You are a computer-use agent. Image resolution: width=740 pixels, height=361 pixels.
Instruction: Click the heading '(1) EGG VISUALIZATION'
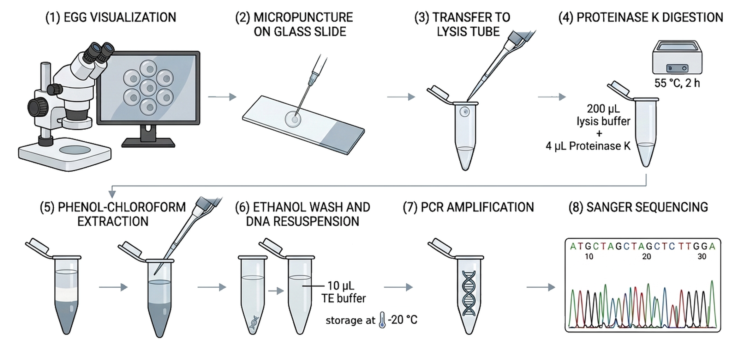[111, 17]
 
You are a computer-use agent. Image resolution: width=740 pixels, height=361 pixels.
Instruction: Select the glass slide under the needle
[303, 125]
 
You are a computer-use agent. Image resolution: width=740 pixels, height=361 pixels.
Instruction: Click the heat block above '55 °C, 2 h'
[677, 57]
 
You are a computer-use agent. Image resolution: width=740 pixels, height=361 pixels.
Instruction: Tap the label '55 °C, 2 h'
[677, 83]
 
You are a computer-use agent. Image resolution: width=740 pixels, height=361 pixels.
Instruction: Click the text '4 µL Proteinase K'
[588, 146]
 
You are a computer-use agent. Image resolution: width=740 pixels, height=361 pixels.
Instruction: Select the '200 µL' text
[603, 109]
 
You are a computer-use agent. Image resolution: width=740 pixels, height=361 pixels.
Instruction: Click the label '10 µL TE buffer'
[343, 292]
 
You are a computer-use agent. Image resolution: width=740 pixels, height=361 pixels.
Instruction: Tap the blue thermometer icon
[382, 320]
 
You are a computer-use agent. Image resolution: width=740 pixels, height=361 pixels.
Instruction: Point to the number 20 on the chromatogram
[646, 256]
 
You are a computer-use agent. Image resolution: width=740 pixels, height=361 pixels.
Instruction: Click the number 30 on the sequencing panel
[702, 256]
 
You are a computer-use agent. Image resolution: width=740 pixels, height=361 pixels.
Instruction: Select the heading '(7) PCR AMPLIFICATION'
[468, 207]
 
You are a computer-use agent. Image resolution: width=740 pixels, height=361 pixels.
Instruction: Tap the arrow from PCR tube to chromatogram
[541, 287]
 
